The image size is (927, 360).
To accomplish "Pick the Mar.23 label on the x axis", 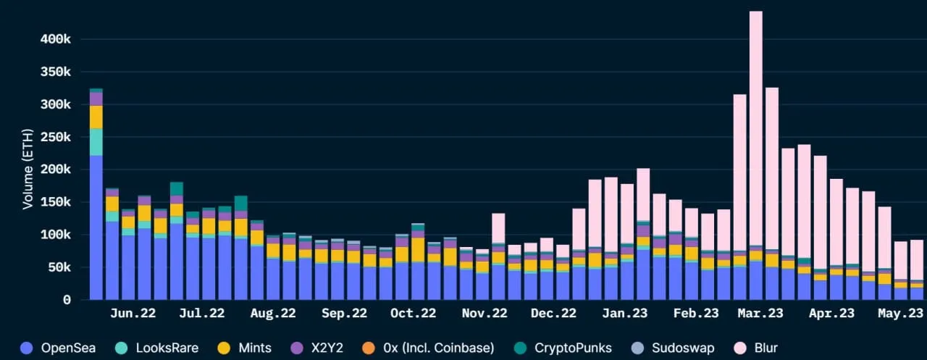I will (x=760, y=314).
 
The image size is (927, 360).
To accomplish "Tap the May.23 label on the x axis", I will (x=899, y=314).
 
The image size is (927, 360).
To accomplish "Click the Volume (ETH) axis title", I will (x=28, y=168).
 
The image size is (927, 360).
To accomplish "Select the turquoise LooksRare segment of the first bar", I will (x=96, y=142).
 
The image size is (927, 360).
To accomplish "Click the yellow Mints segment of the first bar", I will (x=96, y=117).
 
